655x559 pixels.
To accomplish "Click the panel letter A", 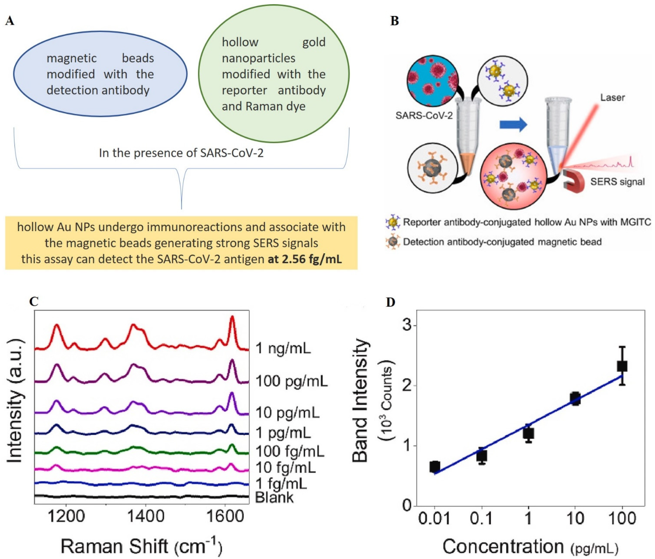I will [x=10, y=21].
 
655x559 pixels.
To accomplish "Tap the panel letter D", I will [x=390, y=303].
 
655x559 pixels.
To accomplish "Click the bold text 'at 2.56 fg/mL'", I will [x=305, y=259].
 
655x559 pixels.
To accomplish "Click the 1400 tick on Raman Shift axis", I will [x=145, y=517].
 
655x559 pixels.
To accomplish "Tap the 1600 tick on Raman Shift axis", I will [x=225, y=517].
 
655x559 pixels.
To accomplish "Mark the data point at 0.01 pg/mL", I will [x=435, y=467].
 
